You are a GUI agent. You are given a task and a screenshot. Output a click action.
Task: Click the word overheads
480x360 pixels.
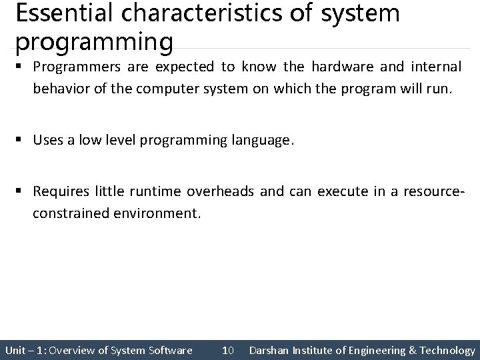point(220,192)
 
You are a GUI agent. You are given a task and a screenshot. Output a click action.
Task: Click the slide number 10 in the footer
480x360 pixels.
point(227,350)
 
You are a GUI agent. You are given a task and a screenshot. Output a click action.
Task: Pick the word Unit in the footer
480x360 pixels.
point(15,350)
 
